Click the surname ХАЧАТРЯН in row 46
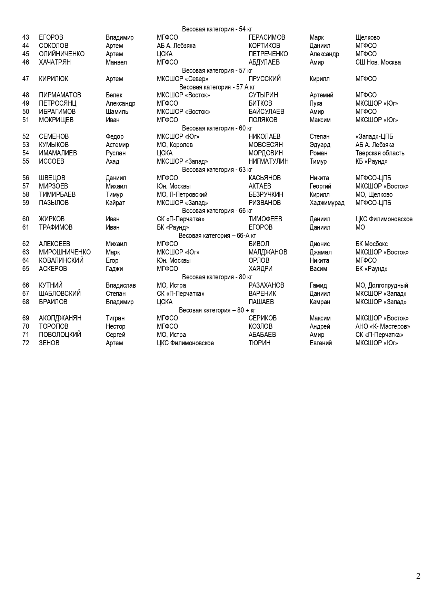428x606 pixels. point(54,62)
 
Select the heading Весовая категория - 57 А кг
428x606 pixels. point(217,87)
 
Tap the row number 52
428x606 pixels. point(26,137)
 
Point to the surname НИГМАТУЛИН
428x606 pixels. point(268,162)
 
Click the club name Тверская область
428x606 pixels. point(380,153)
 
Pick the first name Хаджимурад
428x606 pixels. point(327,203)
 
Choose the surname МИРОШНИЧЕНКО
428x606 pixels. point(64,252)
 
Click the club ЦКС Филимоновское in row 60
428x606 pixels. point(384,219)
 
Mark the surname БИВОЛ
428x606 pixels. point(258,244)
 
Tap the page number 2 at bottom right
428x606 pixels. point(418,576)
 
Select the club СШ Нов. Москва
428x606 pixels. point(378,62)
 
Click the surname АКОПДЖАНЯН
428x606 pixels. point(60,318)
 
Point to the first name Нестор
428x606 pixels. point(115,327)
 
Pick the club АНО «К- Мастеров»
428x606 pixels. point(382,327)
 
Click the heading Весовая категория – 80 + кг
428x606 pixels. point(217,310)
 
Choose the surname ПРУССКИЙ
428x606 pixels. point(265,79)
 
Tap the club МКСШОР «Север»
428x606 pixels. point(182,79)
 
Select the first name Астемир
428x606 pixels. point(117,145)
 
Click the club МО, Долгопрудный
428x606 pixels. point(381,286)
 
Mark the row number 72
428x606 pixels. point(26,343)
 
